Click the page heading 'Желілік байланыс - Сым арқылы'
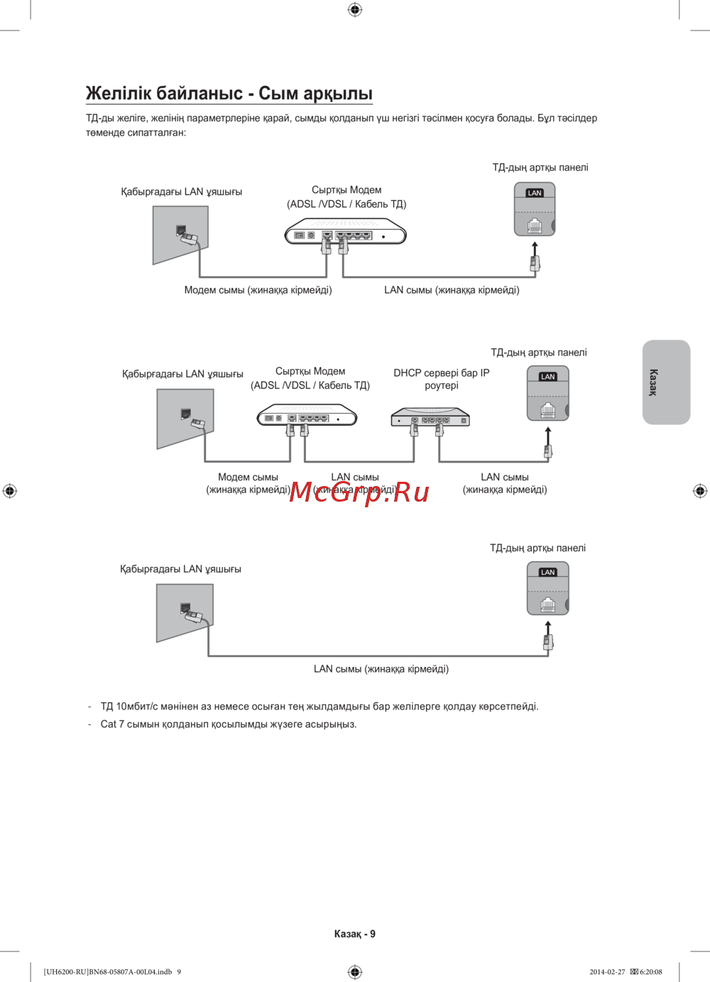tap(229, 94)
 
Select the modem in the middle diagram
tap(307, 415)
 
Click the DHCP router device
tap(430, 417)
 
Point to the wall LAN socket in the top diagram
tap(181, 234)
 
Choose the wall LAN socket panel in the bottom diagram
tap(185, 612)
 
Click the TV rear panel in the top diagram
tap(534, 209)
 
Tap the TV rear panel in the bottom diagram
tap(547, 588)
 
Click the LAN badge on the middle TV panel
tap(547, 377)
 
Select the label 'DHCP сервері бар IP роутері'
tap(441, 379)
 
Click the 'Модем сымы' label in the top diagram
tap(258, 290)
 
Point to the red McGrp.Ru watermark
tap(359, 492)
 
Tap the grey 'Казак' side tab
tap(666, 382)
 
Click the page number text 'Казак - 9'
tap(354, 934)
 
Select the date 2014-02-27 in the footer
tap(607, 972)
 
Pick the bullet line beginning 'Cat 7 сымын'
tap(228, 724)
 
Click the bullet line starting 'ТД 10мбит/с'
tap(319, 707)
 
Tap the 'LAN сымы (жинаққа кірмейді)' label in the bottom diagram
tap(381, 669)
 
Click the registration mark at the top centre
tap(355, 9)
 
